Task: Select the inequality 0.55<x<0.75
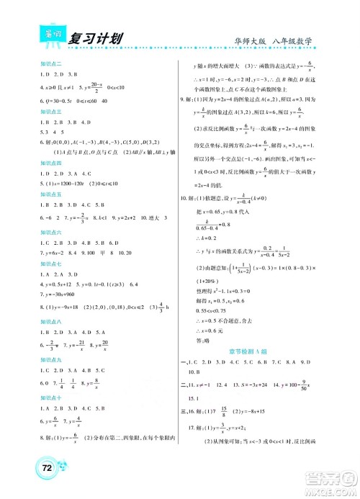[216, 310]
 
